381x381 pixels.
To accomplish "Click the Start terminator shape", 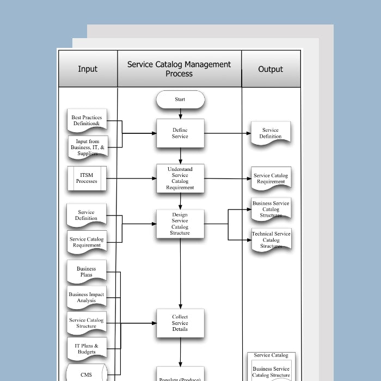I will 180,100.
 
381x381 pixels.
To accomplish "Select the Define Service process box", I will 180,133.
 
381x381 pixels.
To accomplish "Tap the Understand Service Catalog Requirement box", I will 180,178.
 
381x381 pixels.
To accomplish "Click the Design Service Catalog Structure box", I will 180,224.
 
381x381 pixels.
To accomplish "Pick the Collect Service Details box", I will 180,323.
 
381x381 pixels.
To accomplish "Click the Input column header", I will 88,69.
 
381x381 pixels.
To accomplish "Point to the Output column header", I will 271,69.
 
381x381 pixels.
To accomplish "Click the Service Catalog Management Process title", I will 179,69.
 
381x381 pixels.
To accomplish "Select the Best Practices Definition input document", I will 86,121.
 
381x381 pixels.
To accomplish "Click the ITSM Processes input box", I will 87,178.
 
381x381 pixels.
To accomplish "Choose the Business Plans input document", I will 86,272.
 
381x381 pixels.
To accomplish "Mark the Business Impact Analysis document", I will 86,298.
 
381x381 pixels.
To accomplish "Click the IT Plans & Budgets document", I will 86,349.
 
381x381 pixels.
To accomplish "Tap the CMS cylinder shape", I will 86,374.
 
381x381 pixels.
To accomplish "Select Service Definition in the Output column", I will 270,133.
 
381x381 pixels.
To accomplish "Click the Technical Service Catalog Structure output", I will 271,240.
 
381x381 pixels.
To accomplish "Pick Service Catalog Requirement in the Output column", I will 271,179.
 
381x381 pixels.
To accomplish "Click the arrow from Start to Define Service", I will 180,114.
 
